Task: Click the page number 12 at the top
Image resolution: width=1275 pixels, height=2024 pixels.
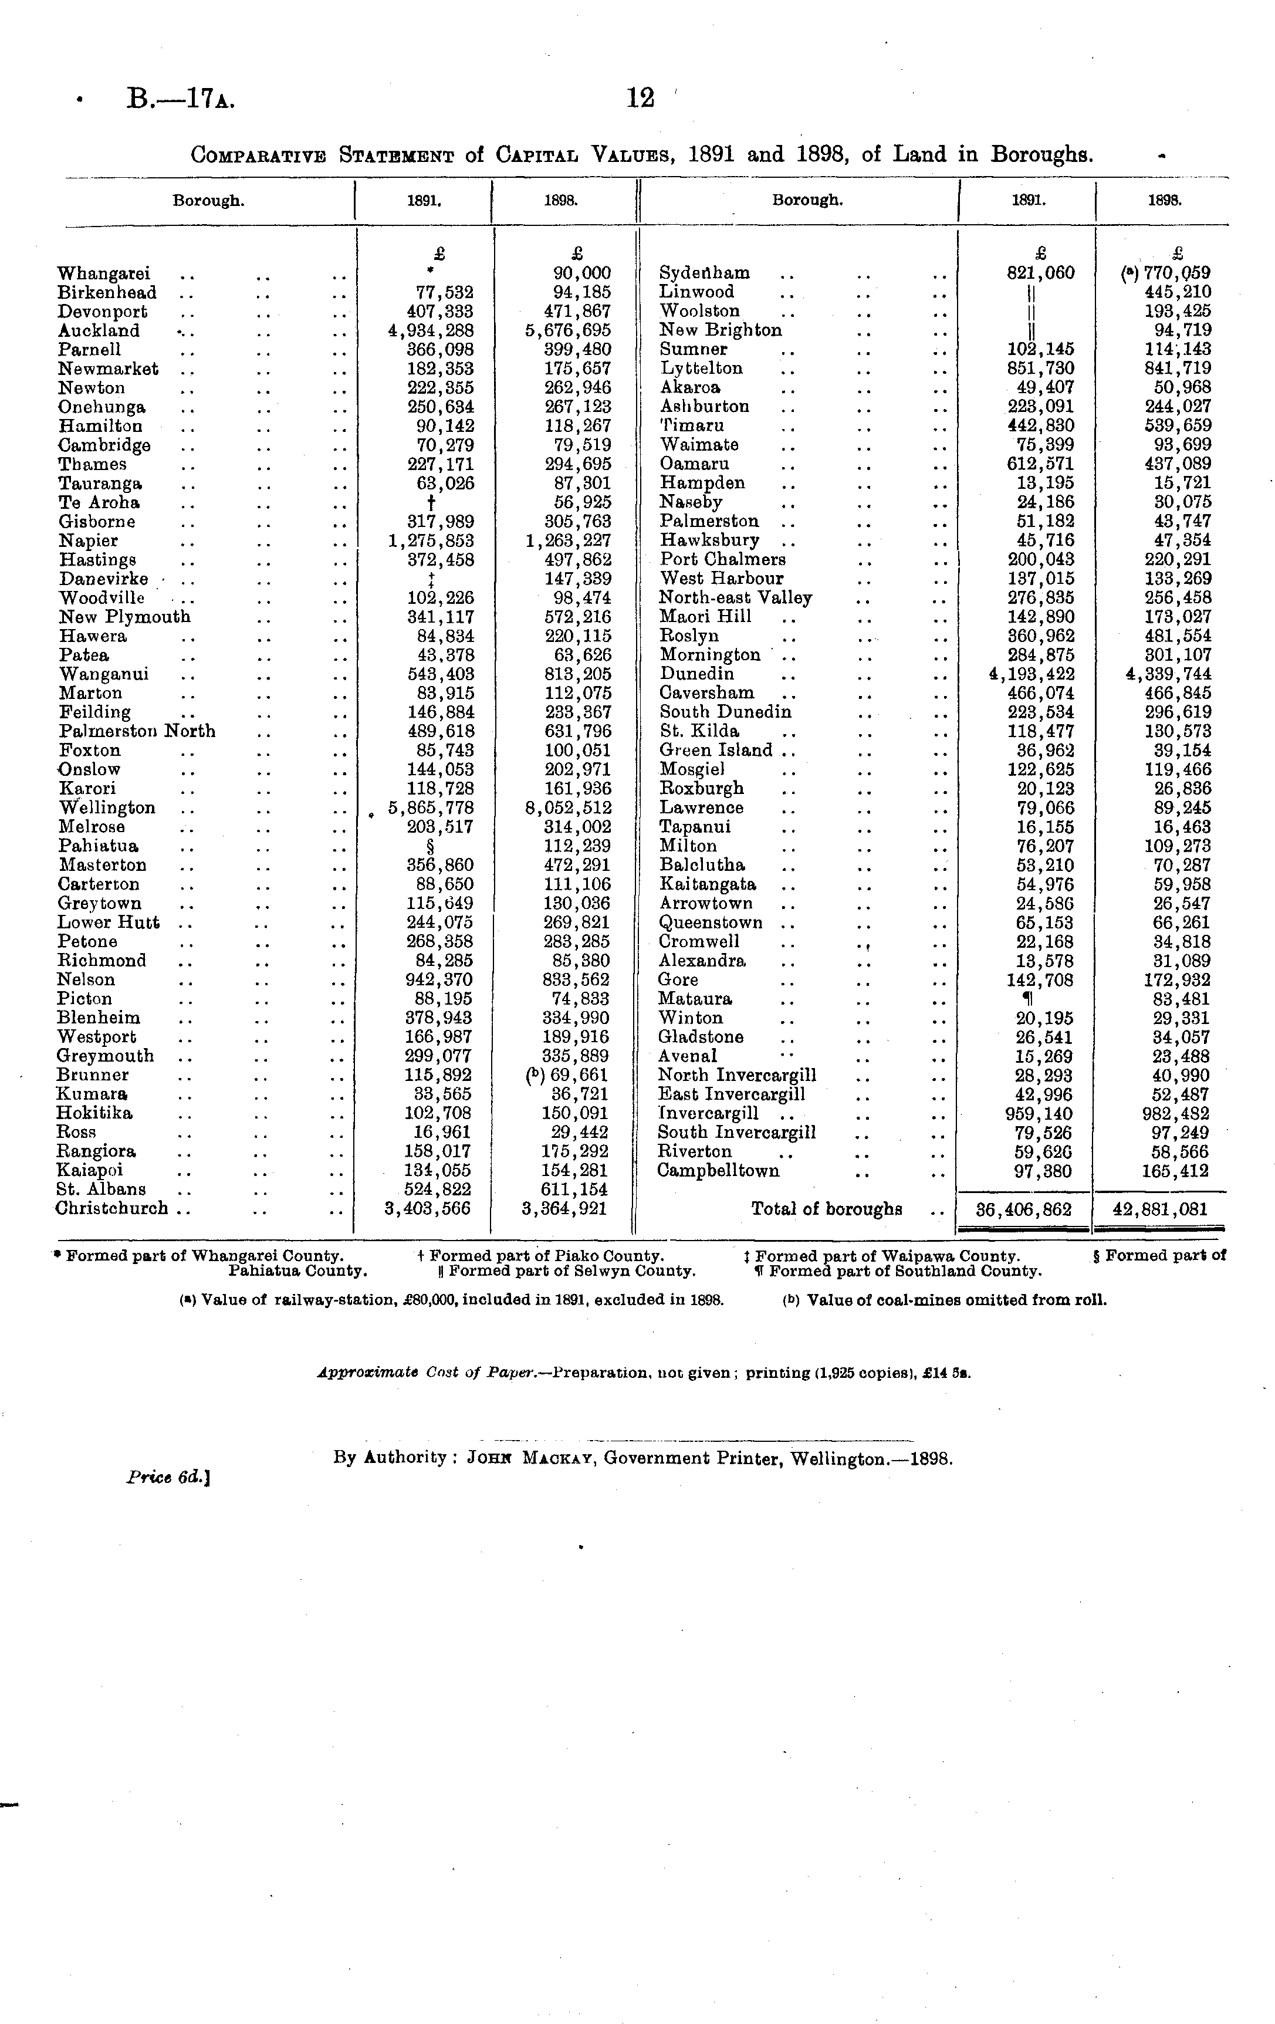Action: [641, 99]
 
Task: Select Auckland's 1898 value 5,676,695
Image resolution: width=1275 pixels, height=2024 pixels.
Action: [565, 330]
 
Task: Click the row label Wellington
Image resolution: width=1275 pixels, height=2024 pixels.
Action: [107, 807]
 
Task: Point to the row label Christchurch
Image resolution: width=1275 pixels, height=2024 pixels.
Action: [112, 1209]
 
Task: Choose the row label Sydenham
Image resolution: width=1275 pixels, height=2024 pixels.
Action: [704, 273]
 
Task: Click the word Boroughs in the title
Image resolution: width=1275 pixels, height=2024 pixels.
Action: [1042, 156]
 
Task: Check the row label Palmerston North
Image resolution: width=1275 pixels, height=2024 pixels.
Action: [137, 731]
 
